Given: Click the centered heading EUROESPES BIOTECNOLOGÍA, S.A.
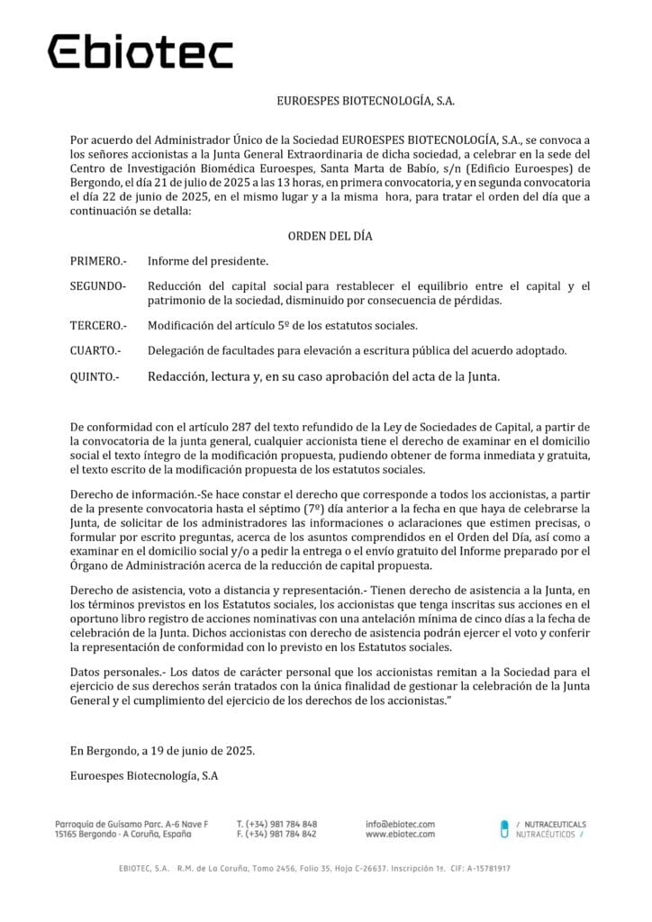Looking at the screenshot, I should point(365,102).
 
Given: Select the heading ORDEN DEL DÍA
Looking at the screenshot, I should point(330,236).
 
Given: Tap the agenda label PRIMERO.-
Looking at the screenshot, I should point(98,261).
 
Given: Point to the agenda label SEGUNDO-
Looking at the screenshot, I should point(98,286).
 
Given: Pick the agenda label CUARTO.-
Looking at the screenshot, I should point(95,350).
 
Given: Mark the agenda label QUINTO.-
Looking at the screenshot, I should point(94,376).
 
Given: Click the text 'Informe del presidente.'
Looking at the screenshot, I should point(208,261).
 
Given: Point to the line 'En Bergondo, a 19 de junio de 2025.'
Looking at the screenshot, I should point(162,750).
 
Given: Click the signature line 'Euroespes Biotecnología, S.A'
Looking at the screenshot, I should point(144,774).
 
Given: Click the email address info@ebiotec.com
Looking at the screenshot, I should point(400,824).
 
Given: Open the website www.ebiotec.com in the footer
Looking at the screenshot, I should point(400,835).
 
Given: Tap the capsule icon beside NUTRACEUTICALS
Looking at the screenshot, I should point(504,829).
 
